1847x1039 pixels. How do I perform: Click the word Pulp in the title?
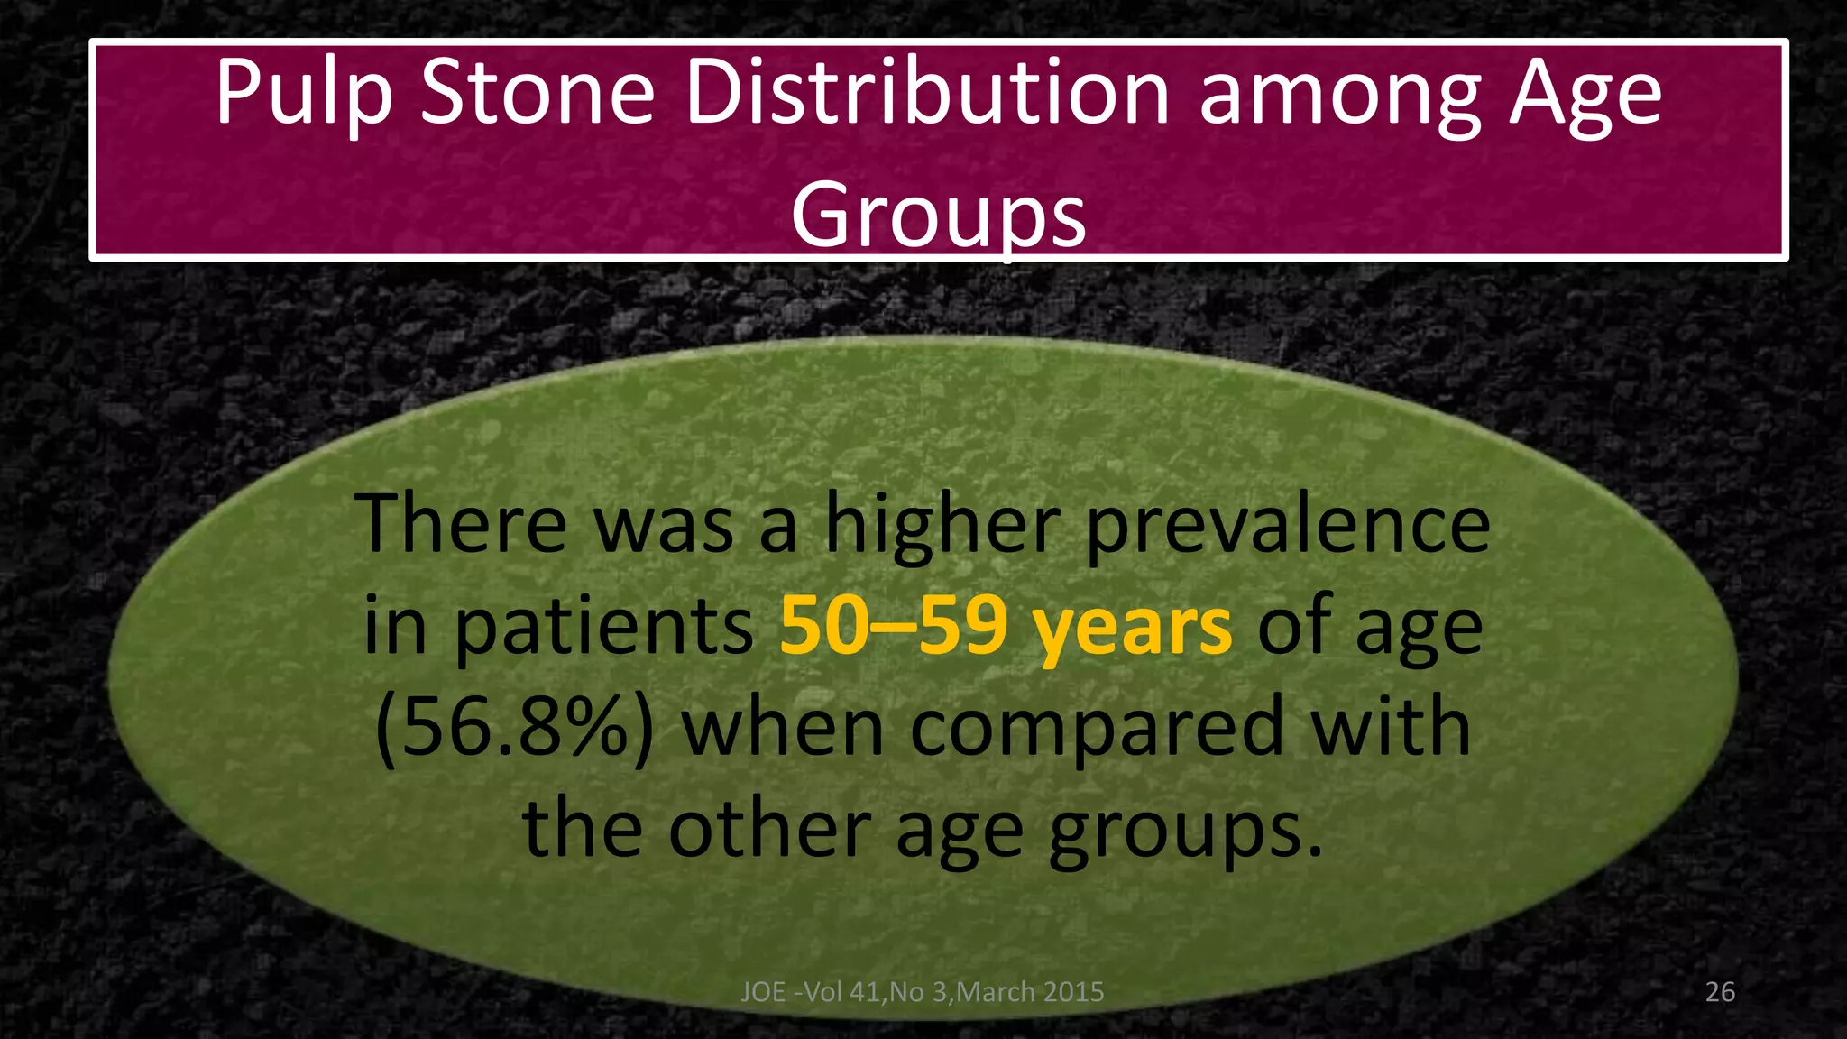(304, 95)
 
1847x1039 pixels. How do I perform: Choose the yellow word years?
(1133, 630)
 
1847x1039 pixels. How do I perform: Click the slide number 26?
(1720, 992)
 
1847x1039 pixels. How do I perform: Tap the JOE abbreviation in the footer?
(763, 992)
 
